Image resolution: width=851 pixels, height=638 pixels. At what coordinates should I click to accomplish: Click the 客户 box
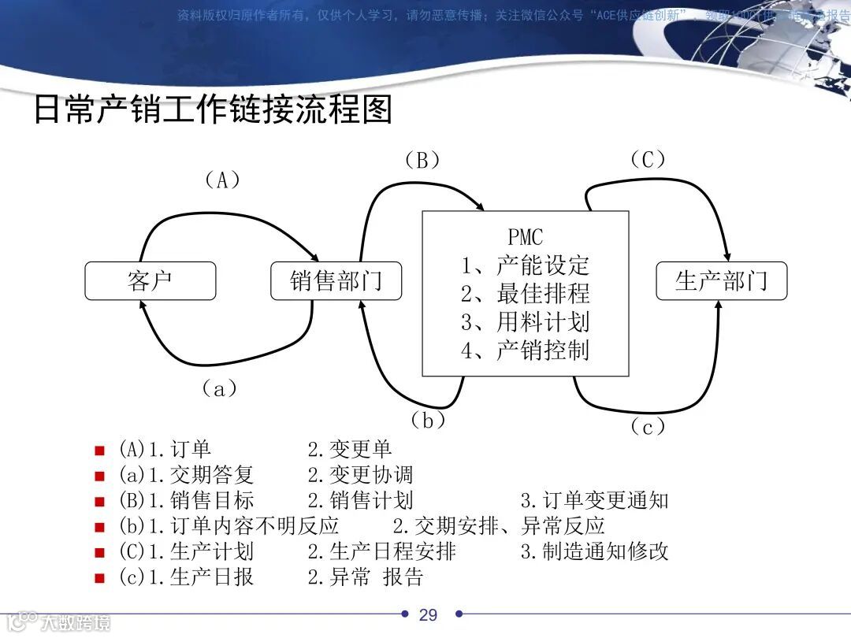click(150, 281)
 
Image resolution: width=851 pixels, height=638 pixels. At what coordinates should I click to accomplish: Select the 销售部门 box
click(336, 281)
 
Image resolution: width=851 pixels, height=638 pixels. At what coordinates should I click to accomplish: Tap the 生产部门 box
click(721, 281)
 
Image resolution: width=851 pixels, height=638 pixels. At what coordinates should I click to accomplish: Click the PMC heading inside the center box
click(526, 236)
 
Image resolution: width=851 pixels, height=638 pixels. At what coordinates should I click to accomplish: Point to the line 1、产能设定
click(526, 265)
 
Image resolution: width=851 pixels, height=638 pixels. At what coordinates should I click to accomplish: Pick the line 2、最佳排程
click(526, 293)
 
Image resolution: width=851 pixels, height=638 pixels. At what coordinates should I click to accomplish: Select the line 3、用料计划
click(526, 321)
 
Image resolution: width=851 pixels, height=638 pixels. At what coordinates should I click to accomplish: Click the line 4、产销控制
click(526, 350)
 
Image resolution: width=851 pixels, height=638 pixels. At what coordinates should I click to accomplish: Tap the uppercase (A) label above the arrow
click(222, 180)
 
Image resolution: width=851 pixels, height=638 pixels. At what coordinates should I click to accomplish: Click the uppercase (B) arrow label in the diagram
click(422, 161)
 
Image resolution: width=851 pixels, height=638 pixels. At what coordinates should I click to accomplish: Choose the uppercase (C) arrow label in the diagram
click(648, 160)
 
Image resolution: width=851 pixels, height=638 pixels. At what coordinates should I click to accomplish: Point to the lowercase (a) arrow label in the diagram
click(220, 388)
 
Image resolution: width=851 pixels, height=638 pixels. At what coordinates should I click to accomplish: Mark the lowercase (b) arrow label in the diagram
click(428, 421)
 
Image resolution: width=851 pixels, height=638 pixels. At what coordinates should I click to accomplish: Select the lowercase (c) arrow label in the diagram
click(648, 427)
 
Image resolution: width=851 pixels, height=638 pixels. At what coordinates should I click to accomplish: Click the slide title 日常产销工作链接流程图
click(213, 110)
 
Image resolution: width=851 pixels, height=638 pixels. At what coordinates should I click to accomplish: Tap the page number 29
click(428, 615)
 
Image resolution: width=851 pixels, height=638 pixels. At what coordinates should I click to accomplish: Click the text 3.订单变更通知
click(594, 500)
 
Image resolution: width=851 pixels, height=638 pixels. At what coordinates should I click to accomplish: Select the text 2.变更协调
click(360, 475)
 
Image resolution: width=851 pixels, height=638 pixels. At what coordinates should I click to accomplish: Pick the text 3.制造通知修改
click(594, 551)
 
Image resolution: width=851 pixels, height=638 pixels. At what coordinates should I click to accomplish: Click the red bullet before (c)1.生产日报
click(99, 578)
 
